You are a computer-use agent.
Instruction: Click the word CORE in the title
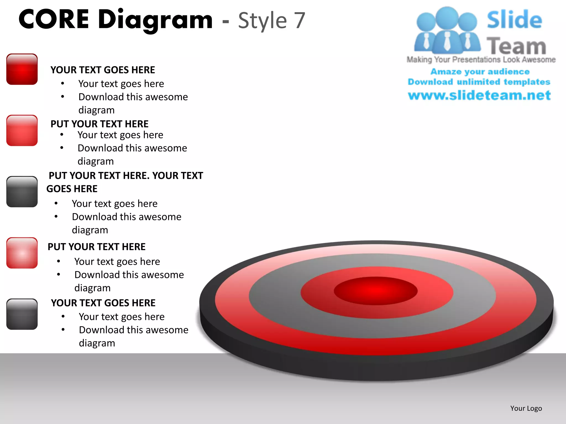tap(54, 19)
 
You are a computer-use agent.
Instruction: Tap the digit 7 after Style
tap(299, 20)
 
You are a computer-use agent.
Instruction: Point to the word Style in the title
tap(262, 21)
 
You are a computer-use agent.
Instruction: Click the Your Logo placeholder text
tap(526, 408)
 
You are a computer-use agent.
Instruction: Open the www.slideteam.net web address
tap(479, 95)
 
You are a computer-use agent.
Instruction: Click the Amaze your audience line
tap(480, 71)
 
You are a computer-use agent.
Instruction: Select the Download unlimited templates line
tap(479, 82)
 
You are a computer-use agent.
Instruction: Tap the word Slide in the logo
tap(514, 20)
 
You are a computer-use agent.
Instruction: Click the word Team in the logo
tap(516, 46)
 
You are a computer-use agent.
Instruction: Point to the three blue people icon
tap(447, 30)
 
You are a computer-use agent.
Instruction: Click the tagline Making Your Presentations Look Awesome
tap(481, 60)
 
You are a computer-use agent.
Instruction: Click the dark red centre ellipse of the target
tap(376, 291)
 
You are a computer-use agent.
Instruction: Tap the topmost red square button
tap(22, 69)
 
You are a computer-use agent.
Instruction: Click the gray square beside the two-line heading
tap(22, 192)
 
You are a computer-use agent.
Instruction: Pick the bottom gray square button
tap(22, 314)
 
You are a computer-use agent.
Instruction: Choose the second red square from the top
tap(22, 131)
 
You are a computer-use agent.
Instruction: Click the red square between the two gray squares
tap(22, 253)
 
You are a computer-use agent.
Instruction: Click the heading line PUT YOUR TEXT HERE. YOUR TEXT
tap(126, 176)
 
